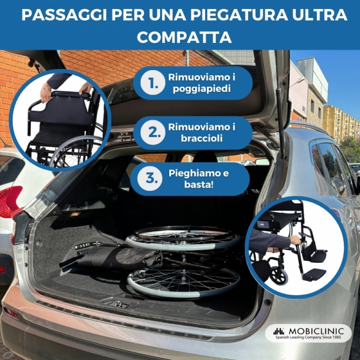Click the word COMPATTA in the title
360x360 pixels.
[x=184, y=37]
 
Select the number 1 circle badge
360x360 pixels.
[x=153, y=83]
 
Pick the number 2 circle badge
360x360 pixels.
[x=153, y=132]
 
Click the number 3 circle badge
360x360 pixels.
[x=150, y=178]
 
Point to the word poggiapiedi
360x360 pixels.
[x=202, y=89]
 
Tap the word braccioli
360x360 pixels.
[x=202, y=139]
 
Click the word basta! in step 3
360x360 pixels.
[x=199, y=184]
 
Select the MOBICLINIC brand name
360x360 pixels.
[x=316, y=331]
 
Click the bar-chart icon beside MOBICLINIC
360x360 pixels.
[x=279, y=331]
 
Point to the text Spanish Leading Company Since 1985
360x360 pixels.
[x=308, y=337]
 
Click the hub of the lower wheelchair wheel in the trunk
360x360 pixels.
[x=184, y=279]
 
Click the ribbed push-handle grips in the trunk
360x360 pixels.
[x=83, y=248]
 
